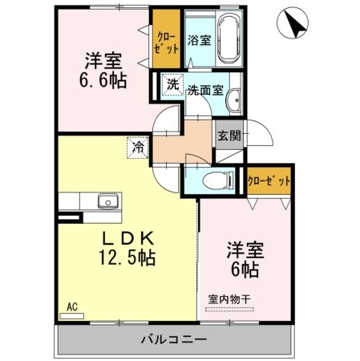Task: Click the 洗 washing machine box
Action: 172,84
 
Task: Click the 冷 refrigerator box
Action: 138,147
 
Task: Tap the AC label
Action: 71,306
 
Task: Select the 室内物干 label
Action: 229,298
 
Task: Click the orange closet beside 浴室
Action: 167,38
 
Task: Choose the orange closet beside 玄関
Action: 269,180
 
